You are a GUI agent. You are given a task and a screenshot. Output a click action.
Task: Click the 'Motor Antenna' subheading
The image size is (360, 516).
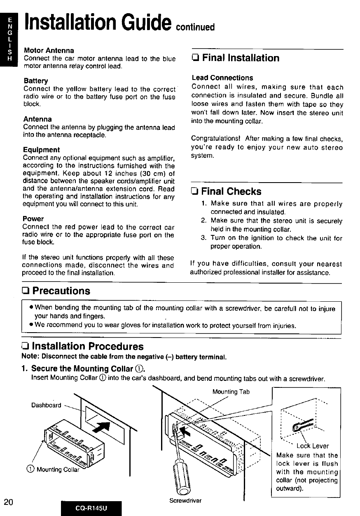[49, 50]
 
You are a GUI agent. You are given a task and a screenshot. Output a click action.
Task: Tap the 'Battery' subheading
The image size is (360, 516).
[36, 80]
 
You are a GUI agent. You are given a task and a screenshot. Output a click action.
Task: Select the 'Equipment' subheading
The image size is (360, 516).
[42, 150]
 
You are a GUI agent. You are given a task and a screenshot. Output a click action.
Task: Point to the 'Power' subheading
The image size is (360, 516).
[34, 218]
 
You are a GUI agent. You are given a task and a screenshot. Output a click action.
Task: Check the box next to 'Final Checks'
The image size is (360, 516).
[195, 192]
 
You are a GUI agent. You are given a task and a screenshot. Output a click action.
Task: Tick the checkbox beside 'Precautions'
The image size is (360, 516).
[26, 291]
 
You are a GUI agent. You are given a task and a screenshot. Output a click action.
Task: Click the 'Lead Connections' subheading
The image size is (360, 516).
[222, 77]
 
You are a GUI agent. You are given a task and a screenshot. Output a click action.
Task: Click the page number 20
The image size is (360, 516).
[9, 502]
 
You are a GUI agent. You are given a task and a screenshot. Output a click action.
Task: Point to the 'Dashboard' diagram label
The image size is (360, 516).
[46, 405]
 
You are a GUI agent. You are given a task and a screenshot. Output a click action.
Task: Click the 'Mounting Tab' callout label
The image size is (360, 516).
[231, 392]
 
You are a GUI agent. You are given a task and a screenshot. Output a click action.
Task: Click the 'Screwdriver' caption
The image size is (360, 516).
[185, 501]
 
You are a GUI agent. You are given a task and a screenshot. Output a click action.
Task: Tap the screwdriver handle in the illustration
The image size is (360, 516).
[181, 474]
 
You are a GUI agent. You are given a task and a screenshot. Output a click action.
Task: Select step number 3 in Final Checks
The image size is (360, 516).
[203, 238]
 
